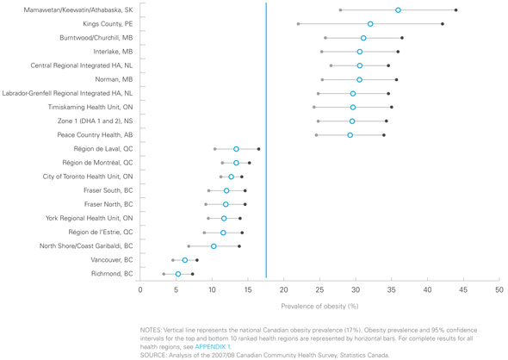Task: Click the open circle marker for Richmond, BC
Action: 178,274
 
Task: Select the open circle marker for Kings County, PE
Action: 370,24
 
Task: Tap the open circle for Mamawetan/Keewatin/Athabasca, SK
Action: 398,9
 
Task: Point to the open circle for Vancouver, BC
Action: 185,260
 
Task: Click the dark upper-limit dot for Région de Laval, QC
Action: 258,149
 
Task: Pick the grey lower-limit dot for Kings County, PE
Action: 298,24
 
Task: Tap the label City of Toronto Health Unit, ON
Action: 88,177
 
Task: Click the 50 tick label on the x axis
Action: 499,289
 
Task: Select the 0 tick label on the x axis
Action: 140,289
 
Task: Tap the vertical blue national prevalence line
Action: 266,138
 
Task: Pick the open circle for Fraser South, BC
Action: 226,190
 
